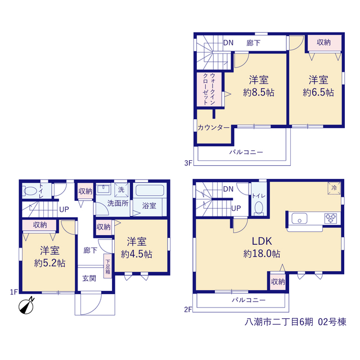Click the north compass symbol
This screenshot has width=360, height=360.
coord(26,306)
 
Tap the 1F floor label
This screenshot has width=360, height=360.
coord(13,292)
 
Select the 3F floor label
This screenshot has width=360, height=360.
coord(188,163)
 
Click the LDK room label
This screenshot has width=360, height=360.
coord(262,241)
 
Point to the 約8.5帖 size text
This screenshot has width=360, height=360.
coord(259,92)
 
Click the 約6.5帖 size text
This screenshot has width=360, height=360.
coord(318,92)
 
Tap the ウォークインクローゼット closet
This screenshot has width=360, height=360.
coord(209,89)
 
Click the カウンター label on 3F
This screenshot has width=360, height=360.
coord(214,128)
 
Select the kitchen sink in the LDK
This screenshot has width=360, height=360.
coord(299,218)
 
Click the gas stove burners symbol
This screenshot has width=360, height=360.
coord(331,218)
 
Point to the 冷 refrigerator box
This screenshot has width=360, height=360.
coord(334,188)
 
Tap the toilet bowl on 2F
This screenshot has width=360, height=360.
coord(259,208)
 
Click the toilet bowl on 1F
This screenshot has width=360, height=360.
coord(30,191)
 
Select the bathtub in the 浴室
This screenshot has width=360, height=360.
coord(150,191)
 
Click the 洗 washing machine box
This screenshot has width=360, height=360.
coord(121,190)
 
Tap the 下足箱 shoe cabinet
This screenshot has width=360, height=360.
coord(107,266)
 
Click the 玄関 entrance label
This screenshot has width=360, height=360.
coord(89,278)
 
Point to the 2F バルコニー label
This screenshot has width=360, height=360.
coord(249,300)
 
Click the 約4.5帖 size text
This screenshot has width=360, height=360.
coord(137,254)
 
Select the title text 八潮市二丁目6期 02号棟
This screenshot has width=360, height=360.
coord(295,322)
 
